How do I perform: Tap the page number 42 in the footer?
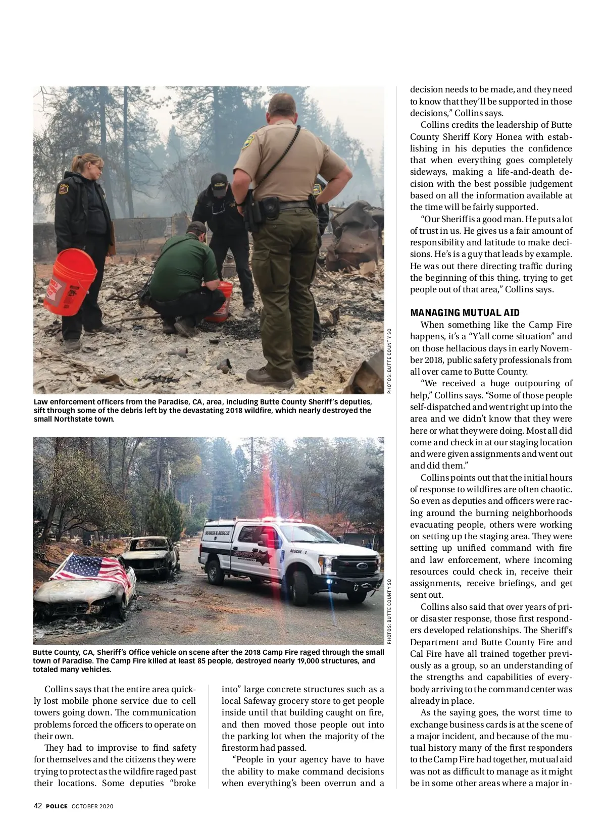pyautogui.click(x=38, y=806)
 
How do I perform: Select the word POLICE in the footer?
pyautogui.click(x=57, y=806)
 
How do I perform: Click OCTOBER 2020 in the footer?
pyautogui.click(x=92, y=806)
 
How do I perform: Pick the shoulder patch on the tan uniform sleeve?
pyautogui.click(x=248, y=141)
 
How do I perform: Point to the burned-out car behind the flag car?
pyautogui.click(x=150, y=555)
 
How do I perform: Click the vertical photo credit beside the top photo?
pyautogui.click(x=389, y=361)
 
